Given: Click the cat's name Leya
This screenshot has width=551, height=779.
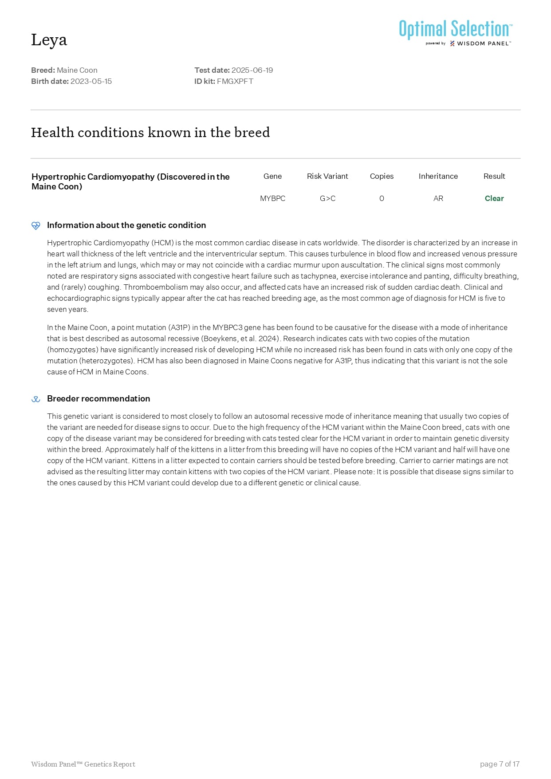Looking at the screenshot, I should (49, 40).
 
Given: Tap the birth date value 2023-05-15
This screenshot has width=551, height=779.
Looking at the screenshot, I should (91, 81).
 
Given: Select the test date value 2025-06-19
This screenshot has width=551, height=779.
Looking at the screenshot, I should (252, 70).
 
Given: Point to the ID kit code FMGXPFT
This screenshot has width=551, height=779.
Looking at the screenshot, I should (235, 81).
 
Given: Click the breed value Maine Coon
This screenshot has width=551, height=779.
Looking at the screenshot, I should (77, 70).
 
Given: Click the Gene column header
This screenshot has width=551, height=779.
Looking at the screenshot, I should (272, 176).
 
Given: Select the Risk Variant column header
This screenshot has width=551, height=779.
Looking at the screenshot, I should (327, 176).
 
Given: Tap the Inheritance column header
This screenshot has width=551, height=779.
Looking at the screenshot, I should (438, 176).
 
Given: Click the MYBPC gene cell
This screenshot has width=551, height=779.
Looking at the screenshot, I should (272, 198).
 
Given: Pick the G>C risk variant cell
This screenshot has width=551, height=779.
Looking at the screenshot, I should (327, 198).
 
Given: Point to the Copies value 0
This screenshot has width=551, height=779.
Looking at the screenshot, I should (382, 198).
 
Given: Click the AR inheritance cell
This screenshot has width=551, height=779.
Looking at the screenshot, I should (438, 198).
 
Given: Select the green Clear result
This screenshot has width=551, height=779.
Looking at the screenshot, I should (494, 198).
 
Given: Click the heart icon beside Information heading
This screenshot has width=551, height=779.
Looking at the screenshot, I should (36, 225).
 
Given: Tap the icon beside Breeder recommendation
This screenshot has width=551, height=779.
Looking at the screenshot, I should (36, 399).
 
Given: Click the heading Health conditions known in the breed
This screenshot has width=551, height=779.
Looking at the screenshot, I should (150, 132).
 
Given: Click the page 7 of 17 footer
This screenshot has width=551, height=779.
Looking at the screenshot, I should (500, 764).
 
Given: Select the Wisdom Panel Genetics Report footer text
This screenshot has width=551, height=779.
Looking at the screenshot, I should (83, 764).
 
